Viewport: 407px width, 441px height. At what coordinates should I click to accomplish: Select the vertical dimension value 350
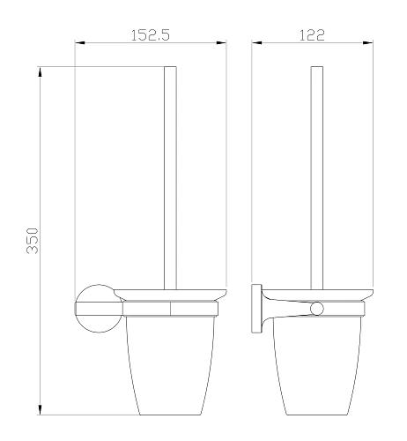pyautogui.click(x=32, y=239)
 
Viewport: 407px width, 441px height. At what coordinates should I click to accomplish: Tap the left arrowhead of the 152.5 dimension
pyautogui.click(x=79, y=44)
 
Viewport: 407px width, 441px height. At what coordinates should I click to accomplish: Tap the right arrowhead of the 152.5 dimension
pyautogui.click(x=223, y=44)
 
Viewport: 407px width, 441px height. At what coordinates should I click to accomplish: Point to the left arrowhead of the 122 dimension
pyautogui.click(x=257, y=44)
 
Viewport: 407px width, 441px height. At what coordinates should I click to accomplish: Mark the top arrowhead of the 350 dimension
pyautogui.click(x=41, y=71)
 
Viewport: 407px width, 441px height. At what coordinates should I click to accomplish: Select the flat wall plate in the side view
pyautogui.click(x=256, y=308)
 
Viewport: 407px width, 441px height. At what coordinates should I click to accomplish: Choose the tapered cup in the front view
pyautogui.click(x=171, y=362)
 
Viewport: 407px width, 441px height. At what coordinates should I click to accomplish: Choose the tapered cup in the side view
pyautogui.click(x=318, y=362)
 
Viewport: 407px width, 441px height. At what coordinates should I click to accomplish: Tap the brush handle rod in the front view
pyautogui.click(x=172, y=176)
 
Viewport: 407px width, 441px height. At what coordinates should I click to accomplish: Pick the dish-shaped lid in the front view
pyautogui.click(x=172, y=294)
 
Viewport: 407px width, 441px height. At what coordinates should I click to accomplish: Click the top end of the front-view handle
pyautogui.click(x=172, y=67)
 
